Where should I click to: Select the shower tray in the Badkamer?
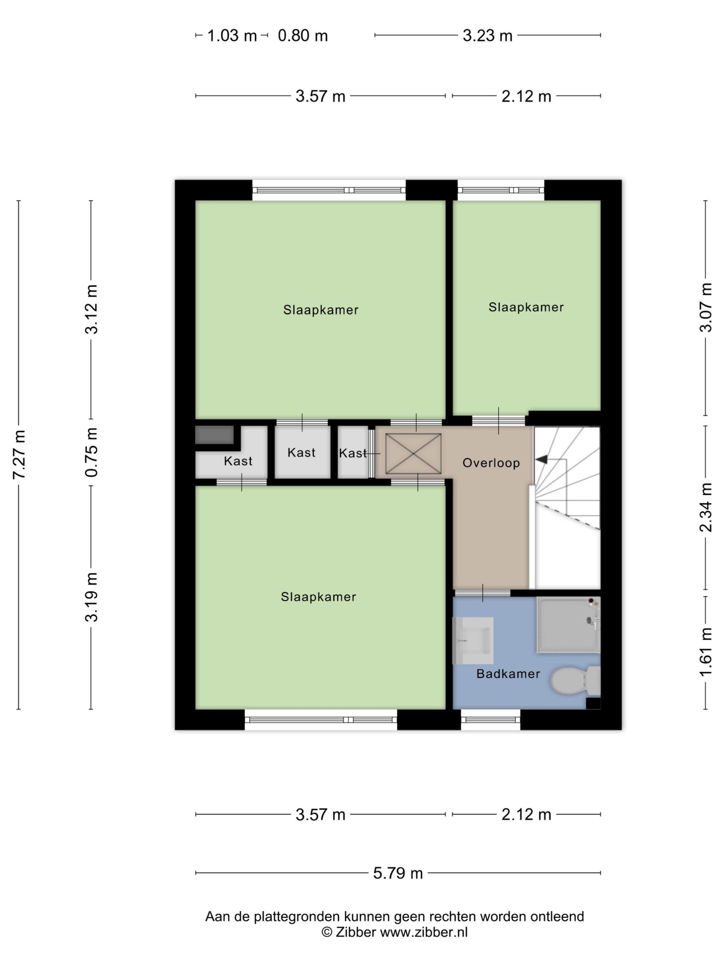point(568,625)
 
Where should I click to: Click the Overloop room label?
point(491,463)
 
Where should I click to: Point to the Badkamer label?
point(508,674)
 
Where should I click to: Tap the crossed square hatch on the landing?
point(413,453)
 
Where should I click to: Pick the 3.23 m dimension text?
point(488,35)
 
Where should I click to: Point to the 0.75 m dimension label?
point(91,452)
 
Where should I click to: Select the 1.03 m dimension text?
point(232,35)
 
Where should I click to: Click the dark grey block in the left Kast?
point(214,435)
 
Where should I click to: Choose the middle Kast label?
point(301,452)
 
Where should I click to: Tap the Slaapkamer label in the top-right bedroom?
point(526,307)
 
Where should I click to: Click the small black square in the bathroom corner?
point(593,703)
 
